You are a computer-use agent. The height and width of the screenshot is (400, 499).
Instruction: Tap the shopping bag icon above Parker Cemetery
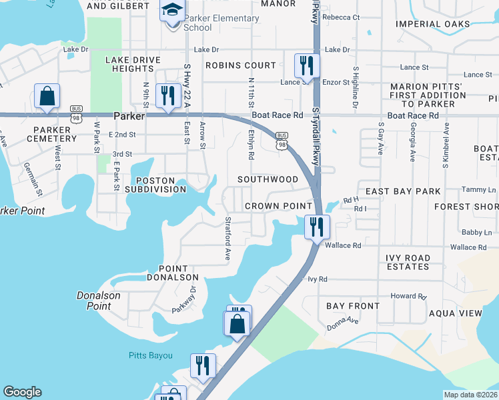tap(47, 97)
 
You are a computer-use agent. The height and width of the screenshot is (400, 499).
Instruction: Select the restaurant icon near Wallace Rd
tap(318, 227)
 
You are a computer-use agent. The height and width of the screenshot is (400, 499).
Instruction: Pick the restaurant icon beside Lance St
tap(307, 66)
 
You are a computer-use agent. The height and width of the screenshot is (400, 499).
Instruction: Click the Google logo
tap(22, 392)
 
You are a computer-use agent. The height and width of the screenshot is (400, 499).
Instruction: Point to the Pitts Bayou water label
tap(150, 356)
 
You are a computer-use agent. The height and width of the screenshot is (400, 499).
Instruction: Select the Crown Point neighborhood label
tap(278, 206)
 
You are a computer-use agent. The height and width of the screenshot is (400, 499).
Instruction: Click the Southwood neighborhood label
tap(268, 179)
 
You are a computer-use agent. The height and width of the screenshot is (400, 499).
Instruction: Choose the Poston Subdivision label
tap(160, 185)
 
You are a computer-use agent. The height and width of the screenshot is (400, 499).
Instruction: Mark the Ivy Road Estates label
tap(407, 262)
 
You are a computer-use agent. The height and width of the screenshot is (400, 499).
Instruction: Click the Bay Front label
tap(353, 306)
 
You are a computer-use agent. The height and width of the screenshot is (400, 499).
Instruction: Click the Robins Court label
tap(240, 65)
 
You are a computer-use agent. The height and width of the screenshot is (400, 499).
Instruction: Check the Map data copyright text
tap(471, 395)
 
